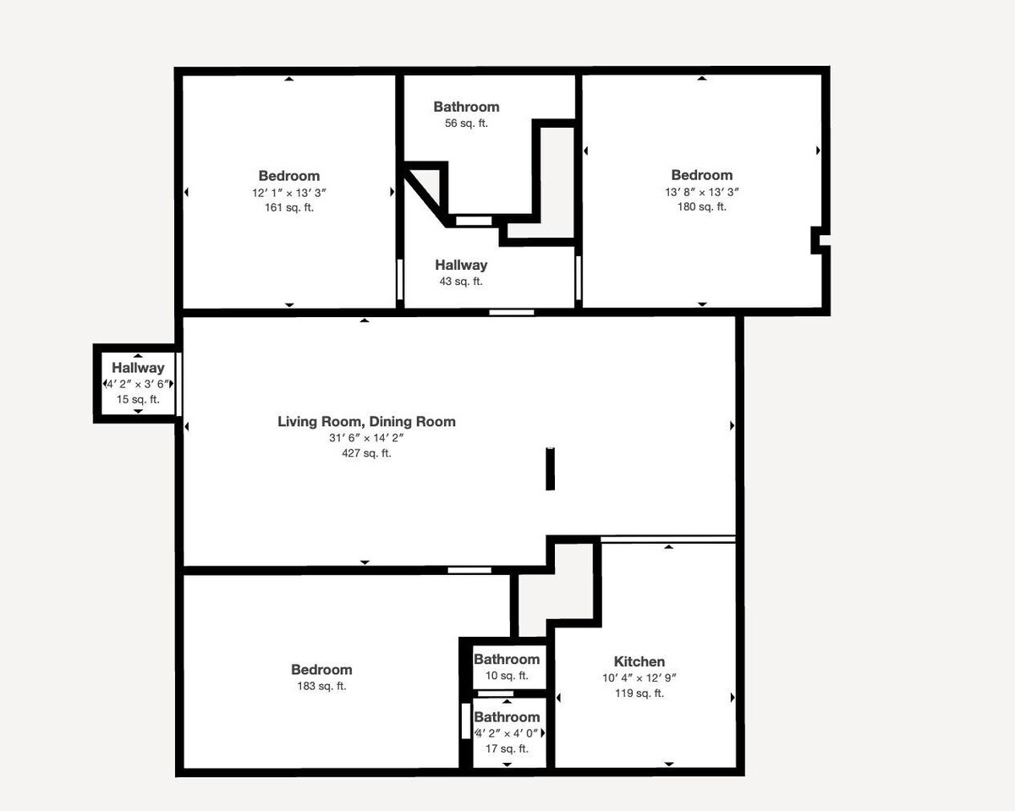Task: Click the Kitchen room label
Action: pos(639,661)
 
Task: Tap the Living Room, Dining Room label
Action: pos(366,421)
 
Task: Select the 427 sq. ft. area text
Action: pos(366,453)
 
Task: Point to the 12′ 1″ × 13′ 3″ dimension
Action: pos(289,193)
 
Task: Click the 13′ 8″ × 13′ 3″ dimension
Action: pos(702,192)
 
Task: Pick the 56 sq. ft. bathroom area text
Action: pos(466,123)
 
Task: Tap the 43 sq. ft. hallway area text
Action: pos(461,282)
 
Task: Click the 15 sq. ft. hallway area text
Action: pos(138,399)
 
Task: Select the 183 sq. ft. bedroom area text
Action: pos(321,686)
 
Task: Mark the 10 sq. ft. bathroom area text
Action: pos(507,676)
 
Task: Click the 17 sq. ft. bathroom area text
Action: pos(507,748)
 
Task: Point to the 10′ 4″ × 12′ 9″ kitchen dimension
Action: pos(639,678)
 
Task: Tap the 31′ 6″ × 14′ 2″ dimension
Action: pos(366,438)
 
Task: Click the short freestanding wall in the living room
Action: pos(550,469)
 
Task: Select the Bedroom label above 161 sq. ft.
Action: pos(289,176)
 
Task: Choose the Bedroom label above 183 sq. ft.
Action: pos(321,670)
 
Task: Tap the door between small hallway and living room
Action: pos(178,384)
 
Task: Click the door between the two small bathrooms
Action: pos(496,693)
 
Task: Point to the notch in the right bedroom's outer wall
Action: pos(820,240)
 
